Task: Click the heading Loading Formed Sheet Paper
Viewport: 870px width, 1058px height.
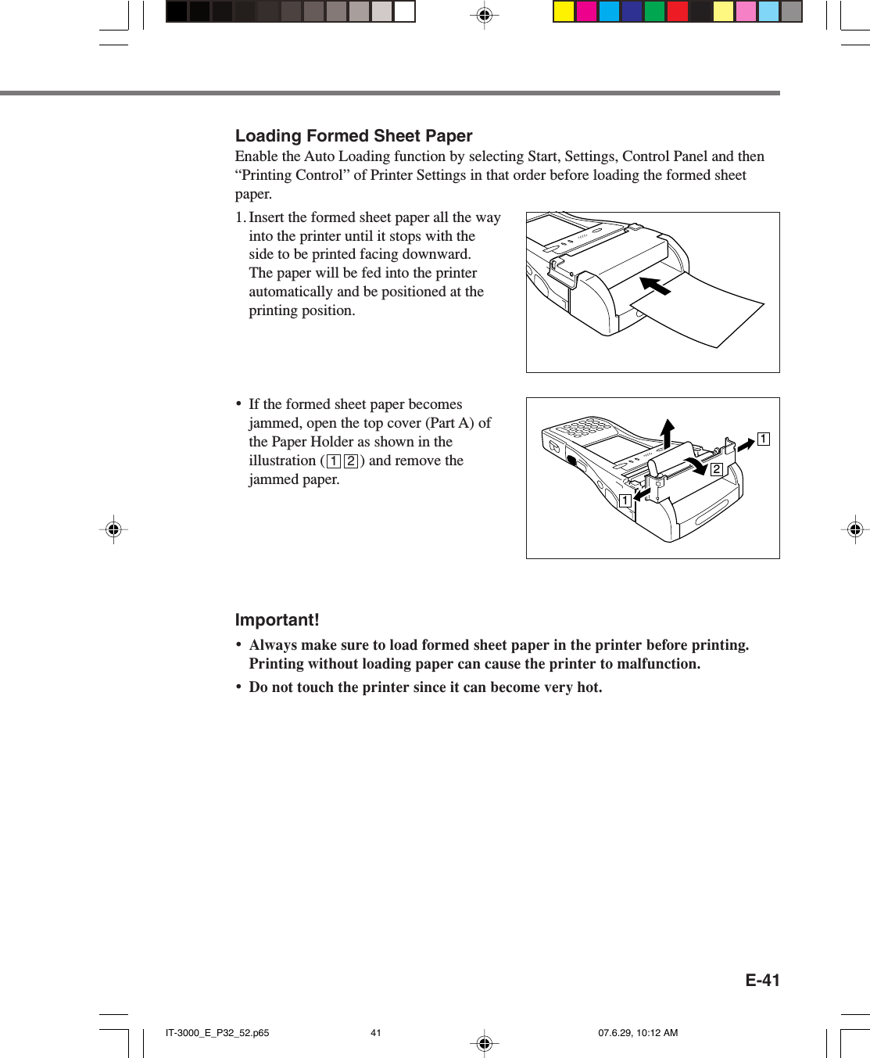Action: point(353,136)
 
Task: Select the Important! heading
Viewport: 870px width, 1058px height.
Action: point(277,620)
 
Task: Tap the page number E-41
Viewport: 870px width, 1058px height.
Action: point(761,981)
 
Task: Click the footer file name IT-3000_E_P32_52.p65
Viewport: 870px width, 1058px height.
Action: point(217,1033)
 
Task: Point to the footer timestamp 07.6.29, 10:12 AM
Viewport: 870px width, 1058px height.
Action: point(638,1033)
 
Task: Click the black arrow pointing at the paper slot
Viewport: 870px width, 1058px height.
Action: point(655,285)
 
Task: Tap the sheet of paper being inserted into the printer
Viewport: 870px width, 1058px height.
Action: point(704,309)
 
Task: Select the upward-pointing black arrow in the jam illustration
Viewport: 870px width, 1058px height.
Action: point(667,432)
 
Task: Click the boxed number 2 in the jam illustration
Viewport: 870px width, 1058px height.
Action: point(716,469)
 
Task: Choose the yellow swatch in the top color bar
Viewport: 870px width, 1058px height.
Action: point(564,12)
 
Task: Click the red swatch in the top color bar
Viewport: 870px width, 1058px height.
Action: point(677,12)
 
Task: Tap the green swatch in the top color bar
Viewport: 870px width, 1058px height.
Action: point(654,12)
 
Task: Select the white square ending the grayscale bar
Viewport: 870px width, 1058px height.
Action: point(404,12)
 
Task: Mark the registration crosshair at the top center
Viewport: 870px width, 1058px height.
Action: point(484,15)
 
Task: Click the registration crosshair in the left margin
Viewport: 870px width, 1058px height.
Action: point(113,529)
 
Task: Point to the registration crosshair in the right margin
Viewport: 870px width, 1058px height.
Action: point(855,529)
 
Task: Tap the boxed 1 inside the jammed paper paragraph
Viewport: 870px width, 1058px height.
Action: point(334,461)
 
